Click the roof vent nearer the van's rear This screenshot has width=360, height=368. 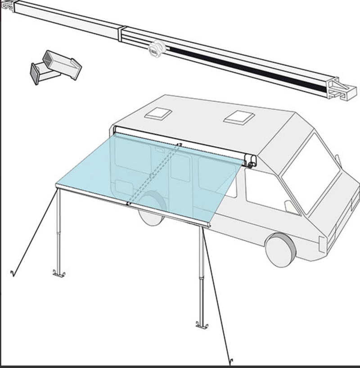(157, 113)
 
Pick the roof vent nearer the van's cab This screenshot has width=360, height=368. (239, 117)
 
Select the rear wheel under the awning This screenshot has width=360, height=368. (150, 214)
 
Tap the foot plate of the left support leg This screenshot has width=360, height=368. (59, 273)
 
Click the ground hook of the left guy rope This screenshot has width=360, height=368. (13, 273)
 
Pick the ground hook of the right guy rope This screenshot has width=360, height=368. (231, 361)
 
